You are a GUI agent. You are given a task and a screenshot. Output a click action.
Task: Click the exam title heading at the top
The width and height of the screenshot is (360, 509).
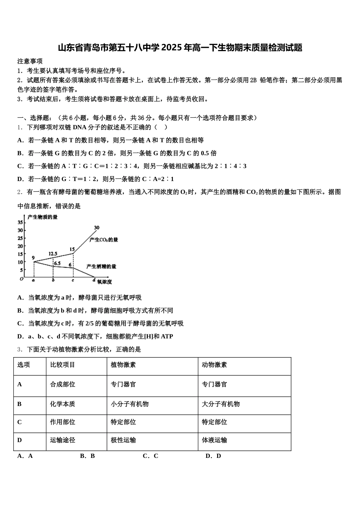pos(180,48)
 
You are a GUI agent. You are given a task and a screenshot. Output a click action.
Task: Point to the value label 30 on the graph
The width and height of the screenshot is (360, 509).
pos(97,228)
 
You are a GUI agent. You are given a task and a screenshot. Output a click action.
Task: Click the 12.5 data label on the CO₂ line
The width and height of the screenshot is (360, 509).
pos(53,254)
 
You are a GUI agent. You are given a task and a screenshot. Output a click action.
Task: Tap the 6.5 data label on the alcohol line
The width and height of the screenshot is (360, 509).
pos(57,263)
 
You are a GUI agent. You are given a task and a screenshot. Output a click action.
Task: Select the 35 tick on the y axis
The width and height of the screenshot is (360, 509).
pos(20,223)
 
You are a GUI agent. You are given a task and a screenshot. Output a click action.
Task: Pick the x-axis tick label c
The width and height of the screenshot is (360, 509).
pos(72,280)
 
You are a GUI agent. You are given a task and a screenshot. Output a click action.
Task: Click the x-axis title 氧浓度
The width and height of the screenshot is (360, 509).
pos(104,282)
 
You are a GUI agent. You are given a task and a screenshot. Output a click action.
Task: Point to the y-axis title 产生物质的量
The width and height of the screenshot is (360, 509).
pos(42,217)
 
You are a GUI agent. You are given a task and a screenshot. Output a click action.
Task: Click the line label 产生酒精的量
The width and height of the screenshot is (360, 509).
pos(101,267)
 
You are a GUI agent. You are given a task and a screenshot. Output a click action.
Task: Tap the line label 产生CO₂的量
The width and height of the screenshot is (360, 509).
pos(104,240)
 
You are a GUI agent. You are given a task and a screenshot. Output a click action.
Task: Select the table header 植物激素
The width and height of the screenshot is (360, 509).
pos(123,365)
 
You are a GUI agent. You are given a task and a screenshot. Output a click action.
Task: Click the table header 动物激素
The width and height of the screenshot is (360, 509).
pos(214,365)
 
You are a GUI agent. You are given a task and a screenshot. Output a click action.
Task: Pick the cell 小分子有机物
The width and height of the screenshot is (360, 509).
pos(130,404)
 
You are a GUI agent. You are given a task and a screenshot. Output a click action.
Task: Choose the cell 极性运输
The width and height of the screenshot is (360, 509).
pos(123,440)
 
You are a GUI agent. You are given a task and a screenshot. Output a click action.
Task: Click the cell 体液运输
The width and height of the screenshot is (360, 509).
pos(214,440)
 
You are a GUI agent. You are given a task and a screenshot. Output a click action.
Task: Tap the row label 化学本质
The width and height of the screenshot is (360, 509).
pos(63,404)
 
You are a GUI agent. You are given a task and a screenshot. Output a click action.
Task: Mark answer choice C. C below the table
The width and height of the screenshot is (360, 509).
pos(150,456)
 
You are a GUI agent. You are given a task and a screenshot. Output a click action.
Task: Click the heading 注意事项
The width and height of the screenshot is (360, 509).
pos(30,61)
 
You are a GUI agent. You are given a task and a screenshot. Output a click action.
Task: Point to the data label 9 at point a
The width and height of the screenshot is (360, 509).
pos(33,258)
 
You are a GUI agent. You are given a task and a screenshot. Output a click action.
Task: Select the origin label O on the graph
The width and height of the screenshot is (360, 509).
pos(22,279)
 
